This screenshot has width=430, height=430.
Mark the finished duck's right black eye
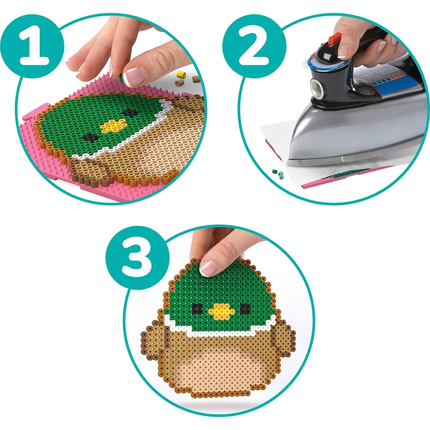[245, 309]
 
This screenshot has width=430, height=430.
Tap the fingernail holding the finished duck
[209, 267]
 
